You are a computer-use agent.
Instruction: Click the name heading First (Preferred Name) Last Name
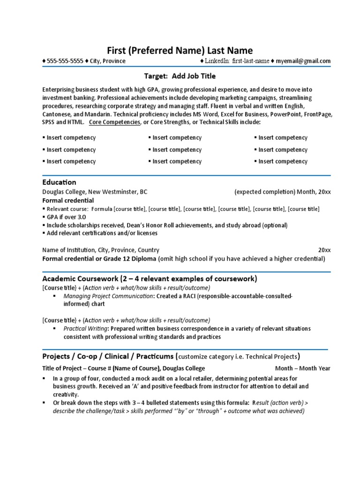pyautogui.click(x=180, y=51)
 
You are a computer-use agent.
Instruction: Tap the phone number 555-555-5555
pyautogui.click(x=65, y=61)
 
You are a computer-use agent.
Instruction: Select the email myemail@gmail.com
pyautogui.click(x=303, y=61)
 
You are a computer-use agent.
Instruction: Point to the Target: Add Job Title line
pyautogui.click(x=180, y=76)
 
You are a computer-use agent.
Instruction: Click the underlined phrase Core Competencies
pyautogui.click(x=114, y=122)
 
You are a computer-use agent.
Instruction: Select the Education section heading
pyautogui.click(x=59, y=182)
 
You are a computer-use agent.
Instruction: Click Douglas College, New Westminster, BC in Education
pyautogui.click(x=95, y=192)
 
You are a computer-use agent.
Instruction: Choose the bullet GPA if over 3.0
pyautogui.click(x=66, y=217)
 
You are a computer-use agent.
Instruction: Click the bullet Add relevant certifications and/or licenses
pyautogui.click(x=102, y=233)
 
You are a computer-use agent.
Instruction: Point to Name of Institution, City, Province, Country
pyautogui.click(x=101, y=250)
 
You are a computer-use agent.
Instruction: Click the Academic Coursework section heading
pyautogui.click(x=150, y=279)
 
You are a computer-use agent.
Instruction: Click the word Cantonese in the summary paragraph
pyautogui.click(x=57, y=114)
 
